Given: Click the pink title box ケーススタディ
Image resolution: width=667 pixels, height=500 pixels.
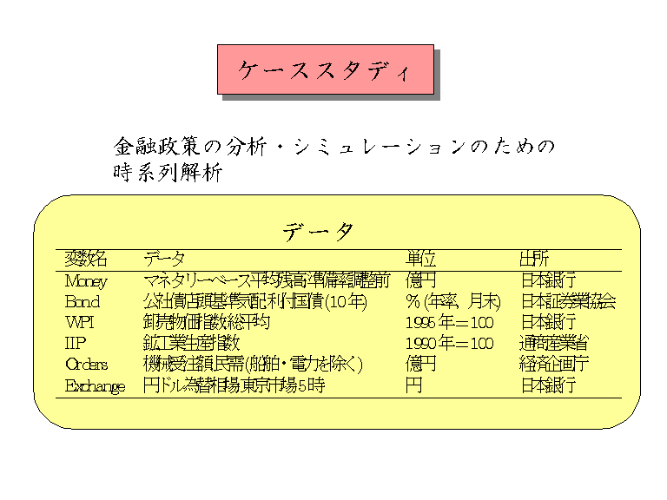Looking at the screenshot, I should pyautogui.click(x=325, y=69).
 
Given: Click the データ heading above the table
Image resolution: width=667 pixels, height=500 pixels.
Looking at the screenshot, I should pyautogui.click(x=319, y=232).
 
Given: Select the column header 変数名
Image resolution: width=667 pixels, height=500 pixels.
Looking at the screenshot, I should pyautogui.click(x=86, y=259).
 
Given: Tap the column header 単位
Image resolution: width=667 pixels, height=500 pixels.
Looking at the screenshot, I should pyautogui.click(x=421, y=259).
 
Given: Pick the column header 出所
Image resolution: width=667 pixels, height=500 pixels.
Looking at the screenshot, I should pyautogui.click(x=534, y=259).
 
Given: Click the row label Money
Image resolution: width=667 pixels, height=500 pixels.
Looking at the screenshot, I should pyautogui.click(x=86, y=280).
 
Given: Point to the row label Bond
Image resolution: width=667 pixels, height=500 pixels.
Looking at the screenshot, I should pyautogui.click(x=83, y=301).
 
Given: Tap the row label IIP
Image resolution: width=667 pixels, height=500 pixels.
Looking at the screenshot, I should pyautogui.click(x=76, y=343).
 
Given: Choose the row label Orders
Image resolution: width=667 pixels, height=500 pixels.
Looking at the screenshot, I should pyautogui.click(x=87, y=364).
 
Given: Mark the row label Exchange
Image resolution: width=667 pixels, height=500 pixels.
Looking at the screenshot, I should pyautogui.click(x=96, y=385).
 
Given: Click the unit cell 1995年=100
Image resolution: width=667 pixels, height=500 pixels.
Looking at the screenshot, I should pyautogui.click(x=449, y=322).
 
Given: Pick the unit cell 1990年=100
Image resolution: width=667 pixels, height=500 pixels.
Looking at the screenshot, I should pyautogui.click(x=449, y=343).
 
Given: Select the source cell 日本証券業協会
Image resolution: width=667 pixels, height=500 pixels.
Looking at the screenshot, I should pyautogui.click(x=568, y=301).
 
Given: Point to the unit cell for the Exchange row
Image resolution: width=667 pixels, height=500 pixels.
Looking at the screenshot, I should pyautogui.click(x=413, y=385).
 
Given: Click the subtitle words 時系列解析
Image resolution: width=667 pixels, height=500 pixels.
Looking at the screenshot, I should pyautogui.click(x=168, y=173).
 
